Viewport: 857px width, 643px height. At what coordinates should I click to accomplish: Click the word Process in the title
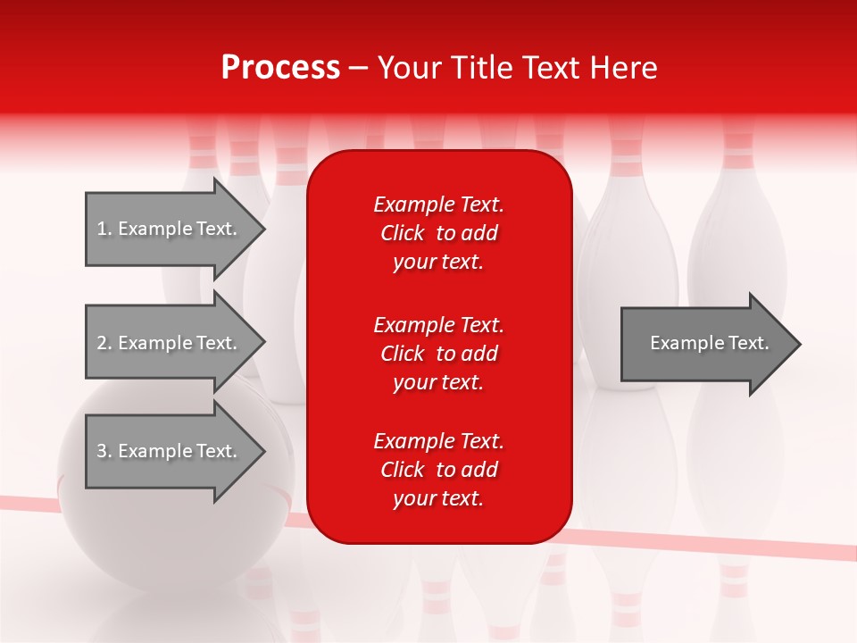pyautogui.click(x=280, y=68)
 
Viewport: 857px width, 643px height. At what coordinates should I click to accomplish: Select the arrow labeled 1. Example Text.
pyautogui.click(x=170, y=229)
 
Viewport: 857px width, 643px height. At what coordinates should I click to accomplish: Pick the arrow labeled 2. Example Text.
pyautogui.click(x=170, y=343)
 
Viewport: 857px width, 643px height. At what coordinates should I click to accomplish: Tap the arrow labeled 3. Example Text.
pyautogui.click(x=170, y=451)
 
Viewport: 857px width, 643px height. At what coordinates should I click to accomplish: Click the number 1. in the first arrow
pyautogui.click(x=104, y=229)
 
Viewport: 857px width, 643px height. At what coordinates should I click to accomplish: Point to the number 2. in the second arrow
pyautogui.click(x=104, y=343)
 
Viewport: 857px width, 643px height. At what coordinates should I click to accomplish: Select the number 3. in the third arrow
pyautogui.click(x=104, y=451)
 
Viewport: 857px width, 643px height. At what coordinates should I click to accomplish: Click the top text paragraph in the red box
pyautogui.click(x=438, y=233)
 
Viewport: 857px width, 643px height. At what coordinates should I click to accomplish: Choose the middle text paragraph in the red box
pyautogui.click(x=438, y=353)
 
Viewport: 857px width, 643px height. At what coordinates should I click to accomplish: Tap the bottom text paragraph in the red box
pyautogui.click(x=438, y=470)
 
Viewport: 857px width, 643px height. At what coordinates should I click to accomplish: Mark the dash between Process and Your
pyautogui.click(x=358, y=68)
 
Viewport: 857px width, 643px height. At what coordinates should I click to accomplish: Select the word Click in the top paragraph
pyautogui.click(x=402, y=233)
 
